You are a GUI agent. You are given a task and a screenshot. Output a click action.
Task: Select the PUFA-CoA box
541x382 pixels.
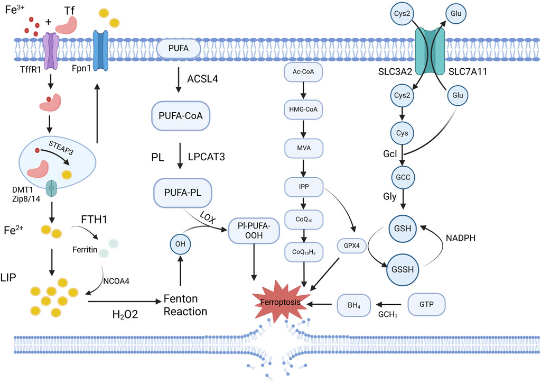coord(182,115)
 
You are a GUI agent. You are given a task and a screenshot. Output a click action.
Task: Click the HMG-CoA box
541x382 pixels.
coord(303,109)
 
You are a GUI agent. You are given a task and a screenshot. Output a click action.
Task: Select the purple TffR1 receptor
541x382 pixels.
coord(51,51)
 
